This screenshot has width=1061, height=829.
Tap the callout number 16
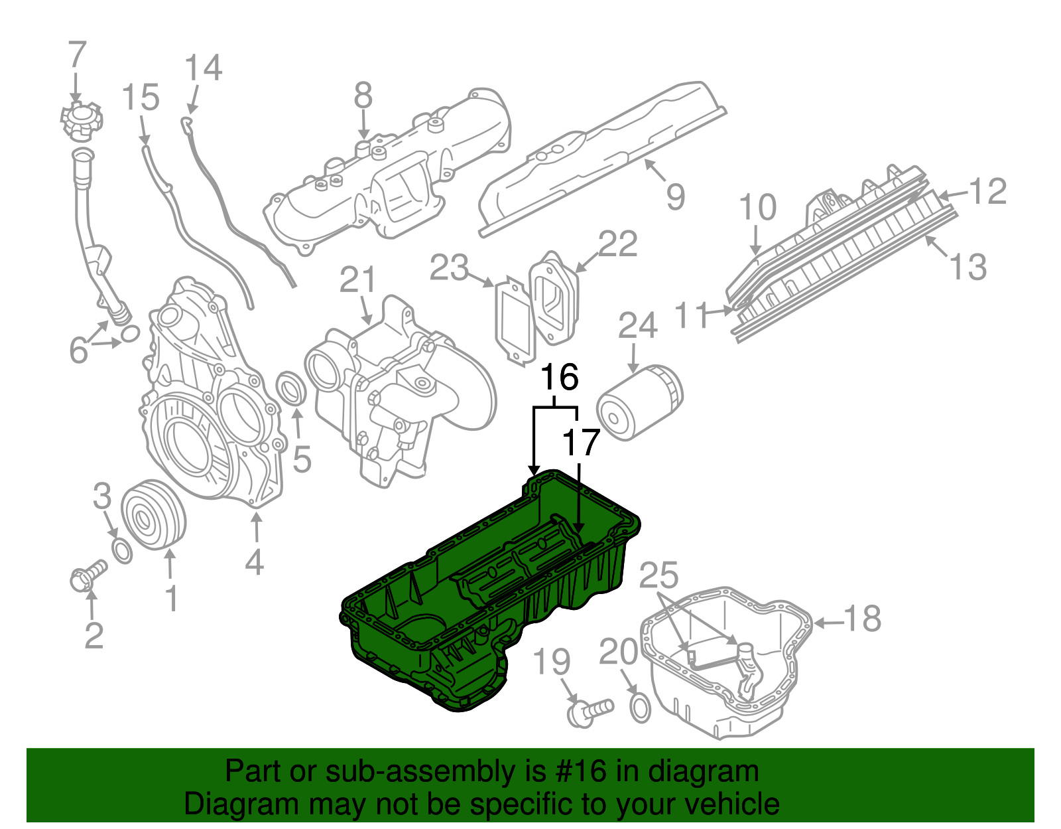point(560,378)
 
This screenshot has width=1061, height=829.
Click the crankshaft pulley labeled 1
point(154,514)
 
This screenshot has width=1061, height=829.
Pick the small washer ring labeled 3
point(122,551)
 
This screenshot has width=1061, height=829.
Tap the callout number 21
point(358,281)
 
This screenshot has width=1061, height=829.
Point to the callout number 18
point(861,619)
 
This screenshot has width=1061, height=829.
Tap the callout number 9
point(675,196)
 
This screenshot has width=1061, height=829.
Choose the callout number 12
point(988,192)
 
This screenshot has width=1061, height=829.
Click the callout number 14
point(203,68)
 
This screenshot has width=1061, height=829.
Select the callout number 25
point(658,576)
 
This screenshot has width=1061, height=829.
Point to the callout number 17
point(581,443)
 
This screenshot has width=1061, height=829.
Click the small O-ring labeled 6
point(131,333)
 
